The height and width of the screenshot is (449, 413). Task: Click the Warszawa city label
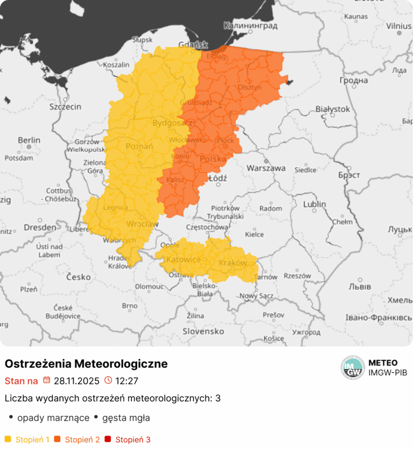266,168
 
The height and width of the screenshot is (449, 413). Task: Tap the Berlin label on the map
29,140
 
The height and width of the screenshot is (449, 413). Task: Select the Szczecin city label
65,106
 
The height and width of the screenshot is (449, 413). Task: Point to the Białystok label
332,109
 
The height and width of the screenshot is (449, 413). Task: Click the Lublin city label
315,204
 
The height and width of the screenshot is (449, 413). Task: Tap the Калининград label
251,25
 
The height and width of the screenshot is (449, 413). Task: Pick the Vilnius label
398,25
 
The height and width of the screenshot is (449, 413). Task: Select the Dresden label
39,227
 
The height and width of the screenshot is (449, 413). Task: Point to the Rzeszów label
297,276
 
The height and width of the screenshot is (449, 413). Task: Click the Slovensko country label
203,331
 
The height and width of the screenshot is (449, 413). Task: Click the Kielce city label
254,234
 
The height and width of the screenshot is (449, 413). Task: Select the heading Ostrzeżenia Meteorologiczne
86,364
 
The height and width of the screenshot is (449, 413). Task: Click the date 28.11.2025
76,381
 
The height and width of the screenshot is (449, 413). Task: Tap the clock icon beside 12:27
108,381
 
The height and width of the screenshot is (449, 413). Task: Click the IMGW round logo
353,368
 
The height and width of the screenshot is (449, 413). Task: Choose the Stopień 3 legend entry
129,440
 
